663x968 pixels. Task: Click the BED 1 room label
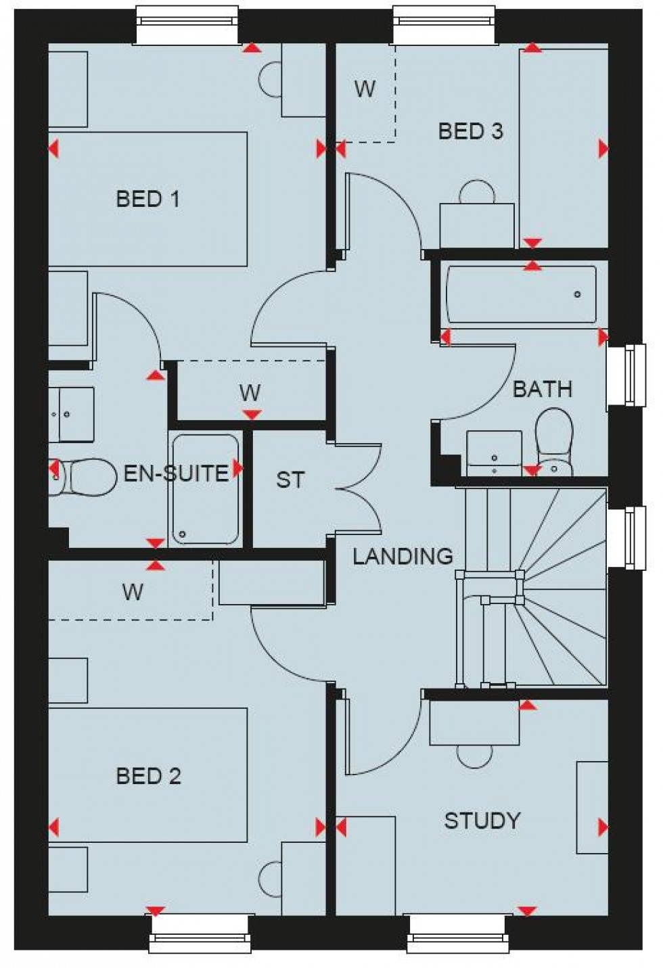[x=147, y=199]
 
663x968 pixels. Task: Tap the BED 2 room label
[x=148, y=776]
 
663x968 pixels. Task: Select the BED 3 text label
[x=470, y=131]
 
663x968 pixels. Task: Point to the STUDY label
[x=482, y=821]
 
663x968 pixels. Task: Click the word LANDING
[x=403, y=556]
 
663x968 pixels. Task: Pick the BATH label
[x=542, y=389]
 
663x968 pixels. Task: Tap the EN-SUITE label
[x=176, y=473]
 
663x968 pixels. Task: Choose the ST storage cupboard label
[x=290, y=480]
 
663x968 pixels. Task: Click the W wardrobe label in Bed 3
[x=365, y=89]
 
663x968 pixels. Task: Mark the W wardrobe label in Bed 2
[x=133, y=592]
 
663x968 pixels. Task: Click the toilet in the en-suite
[x=85, y=476]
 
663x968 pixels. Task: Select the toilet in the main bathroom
[x=554, y=440]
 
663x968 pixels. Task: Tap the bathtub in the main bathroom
[x=521, y=294]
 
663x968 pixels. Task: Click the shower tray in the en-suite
[x=205, y=490]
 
